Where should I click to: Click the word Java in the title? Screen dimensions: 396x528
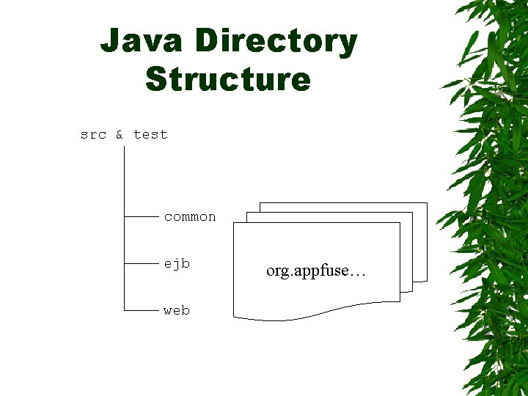(139, 41)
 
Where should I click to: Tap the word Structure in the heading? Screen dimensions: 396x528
(228, 78)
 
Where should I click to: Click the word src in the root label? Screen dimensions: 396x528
(93, 134)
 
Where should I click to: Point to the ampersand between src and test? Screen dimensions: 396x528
(120, 134)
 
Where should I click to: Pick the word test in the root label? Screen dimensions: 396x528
(150, 134)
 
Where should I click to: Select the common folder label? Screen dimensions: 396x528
(190, 217)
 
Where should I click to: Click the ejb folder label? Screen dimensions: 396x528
(177, 263)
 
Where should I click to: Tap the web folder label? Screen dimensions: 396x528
(177, 310)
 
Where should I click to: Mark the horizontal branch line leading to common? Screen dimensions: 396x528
(142, 217)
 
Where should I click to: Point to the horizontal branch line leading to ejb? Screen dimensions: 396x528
(142, 263)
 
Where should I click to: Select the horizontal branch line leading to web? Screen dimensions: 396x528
(142, 310)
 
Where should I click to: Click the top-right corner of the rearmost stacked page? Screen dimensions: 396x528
(426, 203)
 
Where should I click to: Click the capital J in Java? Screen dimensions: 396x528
(111, 41)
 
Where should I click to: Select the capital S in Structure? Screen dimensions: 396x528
(156, 78)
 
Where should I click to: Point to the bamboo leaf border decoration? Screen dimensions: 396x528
(491, 198)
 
